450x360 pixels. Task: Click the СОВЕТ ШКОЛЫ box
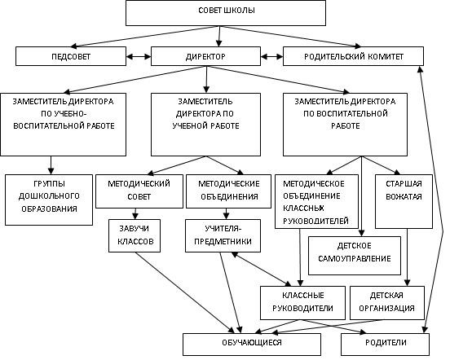point(226,13)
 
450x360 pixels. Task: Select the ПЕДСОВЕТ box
point(71,56)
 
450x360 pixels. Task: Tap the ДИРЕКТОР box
point(205,56)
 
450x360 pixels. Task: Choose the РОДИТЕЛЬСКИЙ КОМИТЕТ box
point(353,56)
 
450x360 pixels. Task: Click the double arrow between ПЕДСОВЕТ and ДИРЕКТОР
point(139,56)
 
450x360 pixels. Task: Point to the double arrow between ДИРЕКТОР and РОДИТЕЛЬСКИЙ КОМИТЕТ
point(271,56)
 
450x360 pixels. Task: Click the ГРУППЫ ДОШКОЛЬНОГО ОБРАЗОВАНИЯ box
point(49,200)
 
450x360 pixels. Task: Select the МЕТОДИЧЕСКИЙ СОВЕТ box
point(139,191)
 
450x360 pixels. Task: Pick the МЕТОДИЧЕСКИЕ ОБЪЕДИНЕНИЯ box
point(229,191)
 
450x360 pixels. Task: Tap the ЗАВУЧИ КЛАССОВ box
point(135,235)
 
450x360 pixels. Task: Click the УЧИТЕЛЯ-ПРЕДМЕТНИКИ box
point(223,235)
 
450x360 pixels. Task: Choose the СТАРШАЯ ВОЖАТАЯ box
point(404,201)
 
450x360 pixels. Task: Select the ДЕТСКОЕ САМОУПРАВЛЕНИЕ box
point(355,256)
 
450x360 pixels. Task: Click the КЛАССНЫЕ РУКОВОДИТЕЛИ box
point(302,303)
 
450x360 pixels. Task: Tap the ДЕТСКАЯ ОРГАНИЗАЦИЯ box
point(387,303)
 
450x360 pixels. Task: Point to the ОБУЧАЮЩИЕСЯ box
point(252,344)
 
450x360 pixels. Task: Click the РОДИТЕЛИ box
point(385,344)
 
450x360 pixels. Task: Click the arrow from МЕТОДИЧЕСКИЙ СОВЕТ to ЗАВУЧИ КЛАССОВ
point(135,213)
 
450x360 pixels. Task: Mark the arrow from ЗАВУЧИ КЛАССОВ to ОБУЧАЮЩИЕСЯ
point(184,292)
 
